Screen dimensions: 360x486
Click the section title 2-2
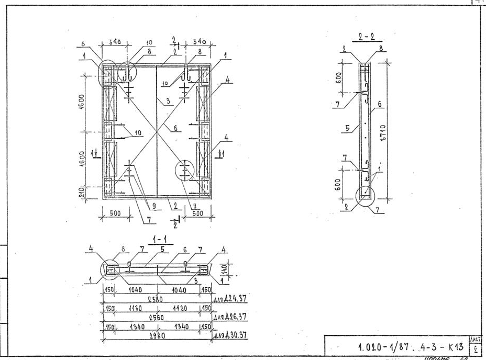coord(370,37)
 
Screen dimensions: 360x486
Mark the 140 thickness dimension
coord(224,270)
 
